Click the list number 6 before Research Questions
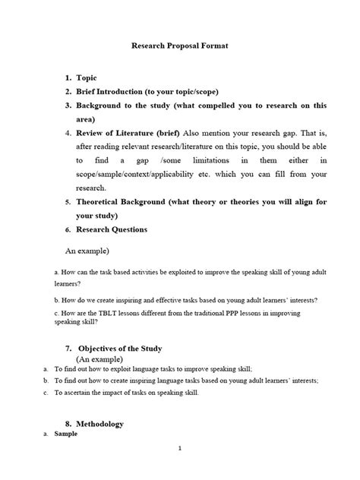point(88,229)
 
